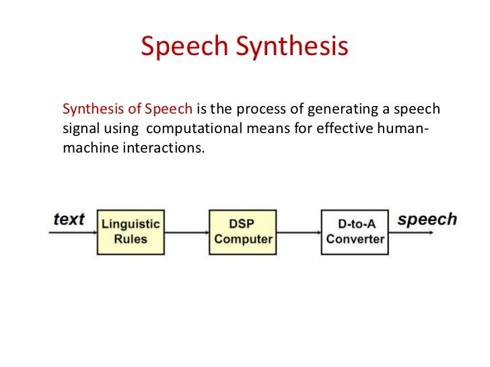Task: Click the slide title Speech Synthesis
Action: pyautogui.click(x=244, y=47)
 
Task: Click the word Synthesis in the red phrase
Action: pyautogui.click(x=88, y=110)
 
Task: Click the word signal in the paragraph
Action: pyautogui.click(x=79, y=128)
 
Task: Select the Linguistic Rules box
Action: pyautogui.click(x=131, y=231)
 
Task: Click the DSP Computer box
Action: pyautogui.click(x=242, y=231)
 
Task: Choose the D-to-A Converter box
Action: pyautogui.click(x=355, y=231)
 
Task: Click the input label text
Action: pyautogui.click(x=69, y=219)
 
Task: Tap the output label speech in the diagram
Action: pyautogui.click(x=427, y=219)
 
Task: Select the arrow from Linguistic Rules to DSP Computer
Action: pyautogui.click(x=186, y=233)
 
